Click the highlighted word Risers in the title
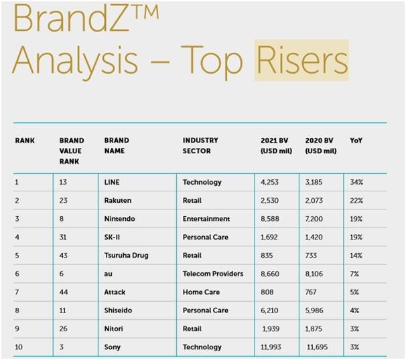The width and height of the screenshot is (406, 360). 301,60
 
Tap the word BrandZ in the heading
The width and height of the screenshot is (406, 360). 70,17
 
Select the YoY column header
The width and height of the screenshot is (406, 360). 356,141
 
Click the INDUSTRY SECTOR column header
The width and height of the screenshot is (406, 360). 200,146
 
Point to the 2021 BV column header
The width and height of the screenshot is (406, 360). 276,146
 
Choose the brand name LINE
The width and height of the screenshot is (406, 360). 112,182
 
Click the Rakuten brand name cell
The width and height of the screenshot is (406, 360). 117,201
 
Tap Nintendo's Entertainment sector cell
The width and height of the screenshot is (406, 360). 206,219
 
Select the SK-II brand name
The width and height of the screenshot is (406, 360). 112,237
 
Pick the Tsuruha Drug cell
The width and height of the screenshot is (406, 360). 126,256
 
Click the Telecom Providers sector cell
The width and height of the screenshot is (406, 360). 213,274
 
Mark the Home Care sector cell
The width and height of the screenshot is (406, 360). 201,292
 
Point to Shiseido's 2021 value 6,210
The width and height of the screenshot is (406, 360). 269,310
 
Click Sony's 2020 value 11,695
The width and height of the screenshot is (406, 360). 317,347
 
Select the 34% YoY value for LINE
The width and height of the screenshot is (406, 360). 356,182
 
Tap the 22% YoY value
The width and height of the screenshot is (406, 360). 356,201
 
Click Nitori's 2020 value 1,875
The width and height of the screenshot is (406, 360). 314,329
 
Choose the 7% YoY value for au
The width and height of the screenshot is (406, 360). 354,274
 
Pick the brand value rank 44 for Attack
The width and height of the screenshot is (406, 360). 64,292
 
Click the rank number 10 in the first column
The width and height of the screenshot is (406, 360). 19,347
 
